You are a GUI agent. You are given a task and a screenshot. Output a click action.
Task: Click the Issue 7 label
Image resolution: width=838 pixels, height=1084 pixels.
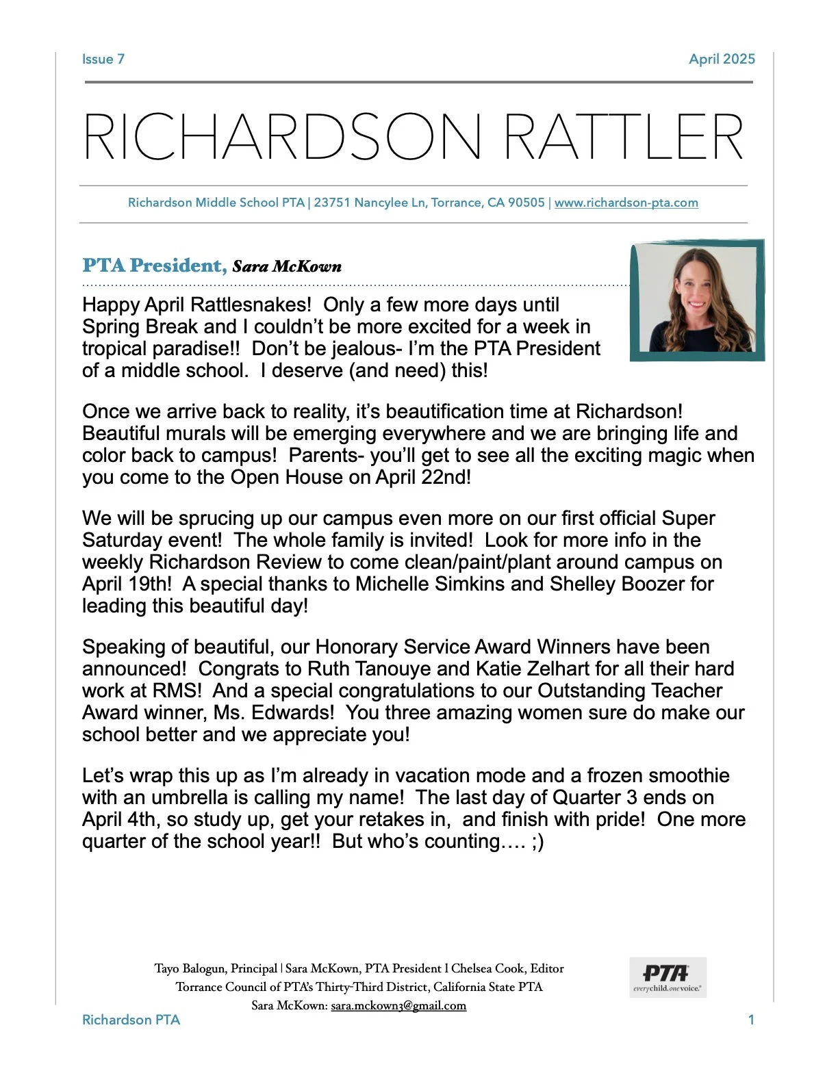click(x=103, y=60)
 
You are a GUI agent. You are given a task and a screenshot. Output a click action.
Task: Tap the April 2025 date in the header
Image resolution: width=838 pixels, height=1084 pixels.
click(x=722, y=60)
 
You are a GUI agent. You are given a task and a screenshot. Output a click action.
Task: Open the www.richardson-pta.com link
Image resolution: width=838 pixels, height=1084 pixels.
click(x=626, y=203)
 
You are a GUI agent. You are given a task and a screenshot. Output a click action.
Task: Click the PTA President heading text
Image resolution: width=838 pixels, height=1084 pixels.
click(x=154, y=266)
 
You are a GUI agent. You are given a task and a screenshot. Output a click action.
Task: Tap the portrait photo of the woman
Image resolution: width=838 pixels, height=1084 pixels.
click(x=697, y=300)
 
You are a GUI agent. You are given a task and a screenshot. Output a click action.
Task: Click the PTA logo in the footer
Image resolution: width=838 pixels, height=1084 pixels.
click(x=668, y=977)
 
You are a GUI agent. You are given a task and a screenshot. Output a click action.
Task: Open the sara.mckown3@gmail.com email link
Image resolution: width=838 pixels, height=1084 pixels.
click(x=398, y=1005)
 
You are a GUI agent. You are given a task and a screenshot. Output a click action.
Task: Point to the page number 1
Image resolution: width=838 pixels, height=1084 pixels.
click(x=751, y=1020)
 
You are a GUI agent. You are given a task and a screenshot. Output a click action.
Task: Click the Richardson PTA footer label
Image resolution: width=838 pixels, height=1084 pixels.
click(x=131, y=1020)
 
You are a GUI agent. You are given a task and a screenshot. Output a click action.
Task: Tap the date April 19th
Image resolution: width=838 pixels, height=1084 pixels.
click(x=127, y=584)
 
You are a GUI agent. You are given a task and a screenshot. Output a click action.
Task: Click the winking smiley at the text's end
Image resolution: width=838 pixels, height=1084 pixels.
click(x=537, y=841)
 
